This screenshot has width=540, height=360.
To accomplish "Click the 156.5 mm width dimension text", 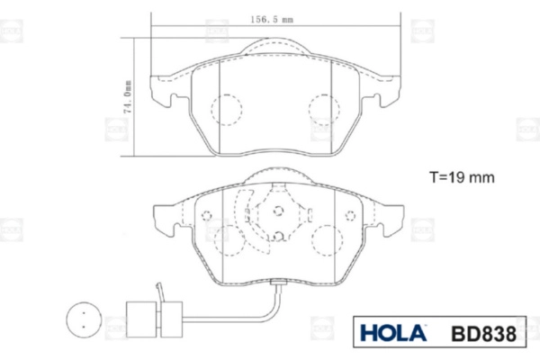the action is tap(272, 20).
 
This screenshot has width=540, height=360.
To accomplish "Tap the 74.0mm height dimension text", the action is tap(128, 97).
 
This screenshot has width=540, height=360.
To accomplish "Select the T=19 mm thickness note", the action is tap(462, 177).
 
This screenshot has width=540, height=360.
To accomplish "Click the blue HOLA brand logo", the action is tap(393, 333).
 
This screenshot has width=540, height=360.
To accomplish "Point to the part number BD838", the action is tap(483, 334).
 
